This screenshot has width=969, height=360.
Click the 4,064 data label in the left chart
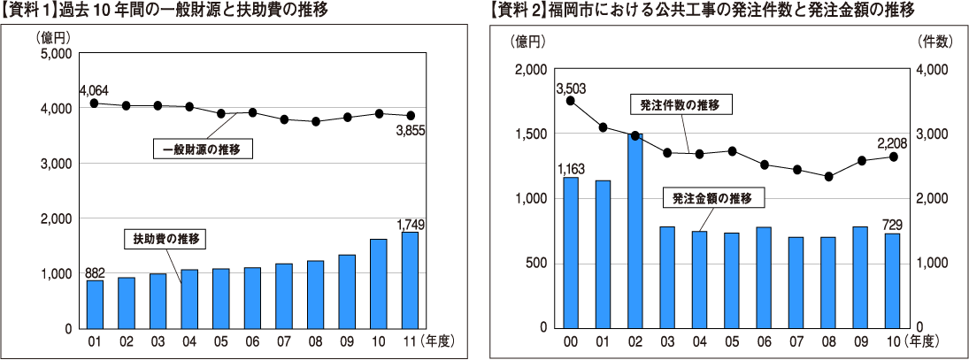pos(94,90)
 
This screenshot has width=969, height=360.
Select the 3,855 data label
pos(410,130)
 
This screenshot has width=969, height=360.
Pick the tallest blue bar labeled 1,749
pos(410,280)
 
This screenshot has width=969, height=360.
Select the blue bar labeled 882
pos(95,303)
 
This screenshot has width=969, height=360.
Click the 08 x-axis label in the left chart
pos(315,341)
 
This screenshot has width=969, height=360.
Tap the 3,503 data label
pos(571,88)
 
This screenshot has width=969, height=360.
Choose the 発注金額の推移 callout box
pos(711,199)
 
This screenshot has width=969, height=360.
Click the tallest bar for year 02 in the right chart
pos(634,230)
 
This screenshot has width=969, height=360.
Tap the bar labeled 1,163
pos(571,252)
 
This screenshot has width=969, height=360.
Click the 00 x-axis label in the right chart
pos(571,341)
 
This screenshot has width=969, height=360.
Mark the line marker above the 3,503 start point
pos(571,101)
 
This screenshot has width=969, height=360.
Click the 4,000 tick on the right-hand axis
pos(935,70)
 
